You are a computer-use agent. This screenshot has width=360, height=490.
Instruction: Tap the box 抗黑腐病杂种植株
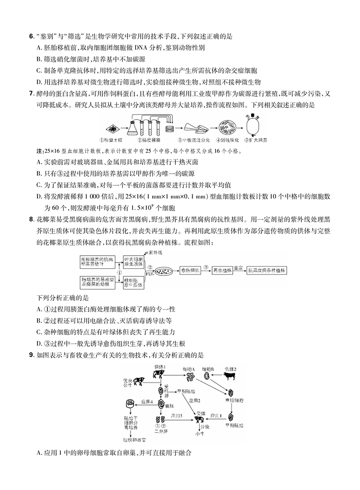click(266, 271)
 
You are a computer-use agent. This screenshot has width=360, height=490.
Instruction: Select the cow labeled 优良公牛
click(138, 381)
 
